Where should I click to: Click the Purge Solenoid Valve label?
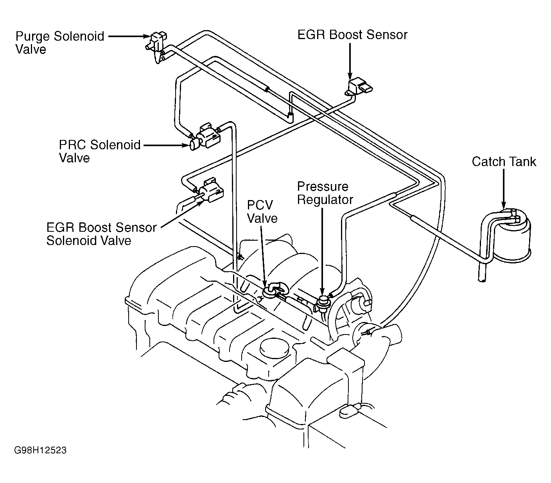pyautogui.click(x=60, y=43)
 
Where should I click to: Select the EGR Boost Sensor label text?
pyautogui.click(x=352, y=35)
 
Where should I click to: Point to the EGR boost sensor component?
pyautogui.click(x=359, y=87)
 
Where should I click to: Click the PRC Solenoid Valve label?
pyautogui.click(x=100, y=151)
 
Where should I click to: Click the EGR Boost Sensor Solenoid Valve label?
pyautogui.click(x=101, y=234)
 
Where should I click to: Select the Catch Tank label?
pyautogui.click(x=504, y=162)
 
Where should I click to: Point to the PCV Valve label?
pyautogui.click(x=262, y=212)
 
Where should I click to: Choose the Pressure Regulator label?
pyautogui.click(x=325, y=193)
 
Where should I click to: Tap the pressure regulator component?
pyautogui.click(x=323, y=303)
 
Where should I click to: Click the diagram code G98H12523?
pyautogui.click(x=40, y=451)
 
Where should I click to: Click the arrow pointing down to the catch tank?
pyautogui.click(x=504, y=189)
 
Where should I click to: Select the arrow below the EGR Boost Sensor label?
pyautogui.click(x=350, y=61)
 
